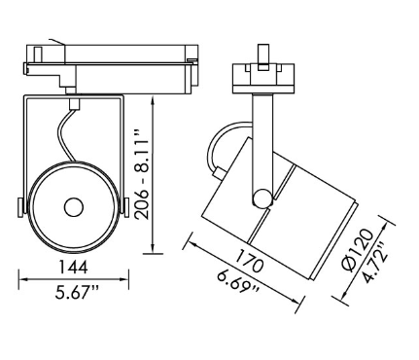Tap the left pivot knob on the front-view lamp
pyautogui.click(x=22, y=205)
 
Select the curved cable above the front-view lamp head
pyautogui.click(x=65, y=136)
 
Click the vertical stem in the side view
pyautogui.click(x=261, y=136)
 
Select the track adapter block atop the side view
pyautogui.click(x=261, y=75)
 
